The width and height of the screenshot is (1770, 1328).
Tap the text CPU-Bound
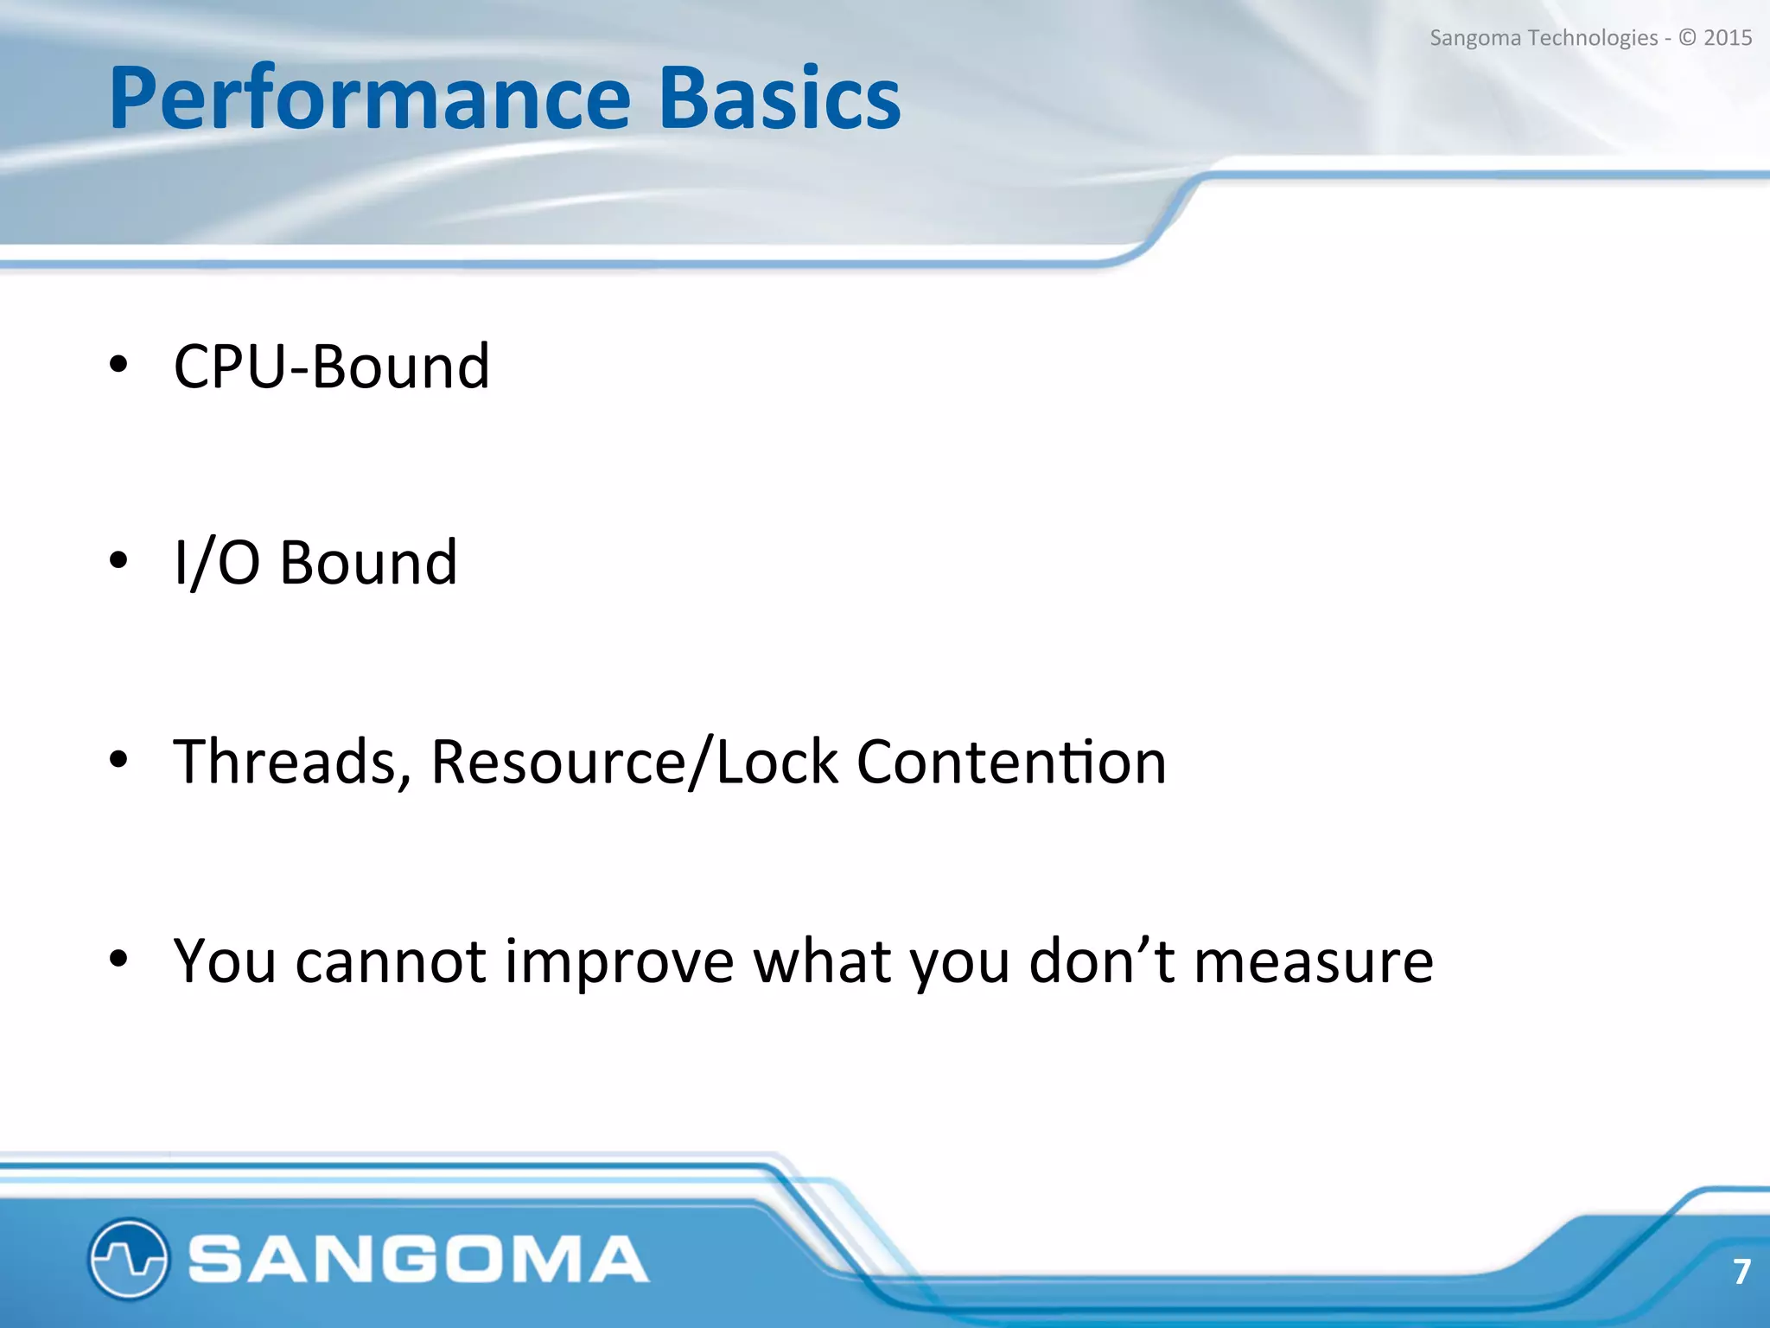(x=332, y=367)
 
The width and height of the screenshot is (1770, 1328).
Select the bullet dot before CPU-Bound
(x=118, y=364)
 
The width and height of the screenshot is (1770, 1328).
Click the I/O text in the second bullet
(x=217, y=563)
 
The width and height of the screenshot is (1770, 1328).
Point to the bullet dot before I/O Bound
(x=118, y=561)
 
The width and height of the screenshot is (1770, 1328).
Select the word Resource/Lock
(x=634, y=762)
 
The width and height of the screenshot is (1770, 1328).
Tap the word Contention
(x=1011, y=762)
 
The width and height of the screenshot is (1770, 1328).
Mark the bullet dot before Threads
(x=118, y=759)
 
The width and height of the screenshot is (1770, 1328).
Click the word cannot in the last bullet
(x=391, y=961)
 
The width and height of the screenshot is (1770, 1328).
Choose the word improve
(x=619, y=962)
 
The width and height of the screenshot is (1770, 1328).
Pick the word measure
(x=1313, y=962)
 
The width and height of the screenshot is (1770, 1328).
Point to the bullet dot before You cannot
(x=118, y=958)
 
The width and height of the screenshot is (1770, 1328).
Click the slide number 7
(x=1741, y=1272)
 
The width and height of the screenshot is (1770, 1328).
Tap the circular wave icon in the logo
(x=128, y=1259)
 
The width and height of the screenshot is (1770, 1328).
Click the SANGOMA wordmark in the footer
(x=418, y=1259)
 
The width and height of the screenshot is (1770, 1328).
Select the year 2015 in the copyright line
(x=1727, y=38)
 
